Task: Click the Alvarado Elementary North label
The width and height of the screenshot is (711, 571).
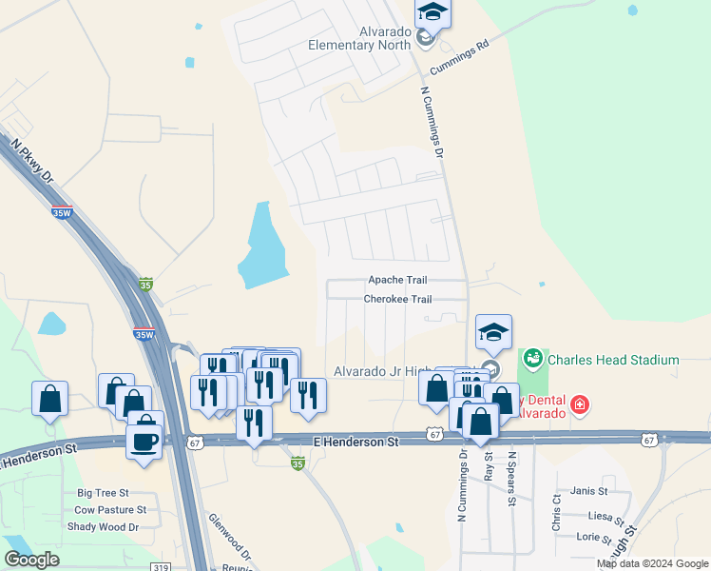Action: [358, 38]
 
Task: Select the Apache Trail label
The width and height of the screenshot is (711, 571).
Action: [397, 281]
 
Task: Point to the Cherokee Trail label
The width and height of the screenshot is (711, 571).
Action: [397, 299]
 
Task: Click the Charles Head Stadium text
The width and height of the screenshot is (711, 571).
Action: [612, 360]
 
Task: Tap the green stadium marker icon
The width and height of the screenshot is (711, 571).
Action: [532, 359]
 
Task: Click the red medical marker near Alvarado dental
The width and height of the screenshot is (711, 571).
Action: [579, 407]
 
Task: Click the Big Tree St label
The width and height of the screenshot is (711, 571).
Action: [103, 494]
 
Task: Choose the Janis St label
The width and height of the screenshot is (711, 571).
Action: [589, 491]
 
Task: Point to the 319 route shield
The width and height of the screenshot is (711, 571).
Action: [161, 566]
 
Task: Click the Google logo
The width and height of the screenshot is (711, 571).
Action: [31, 560]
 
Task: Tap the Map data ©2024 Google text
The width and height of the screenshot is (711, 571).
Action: [651, 563]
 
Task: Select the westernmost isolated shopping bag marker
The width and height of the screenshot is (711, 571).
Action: [49, 400]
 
